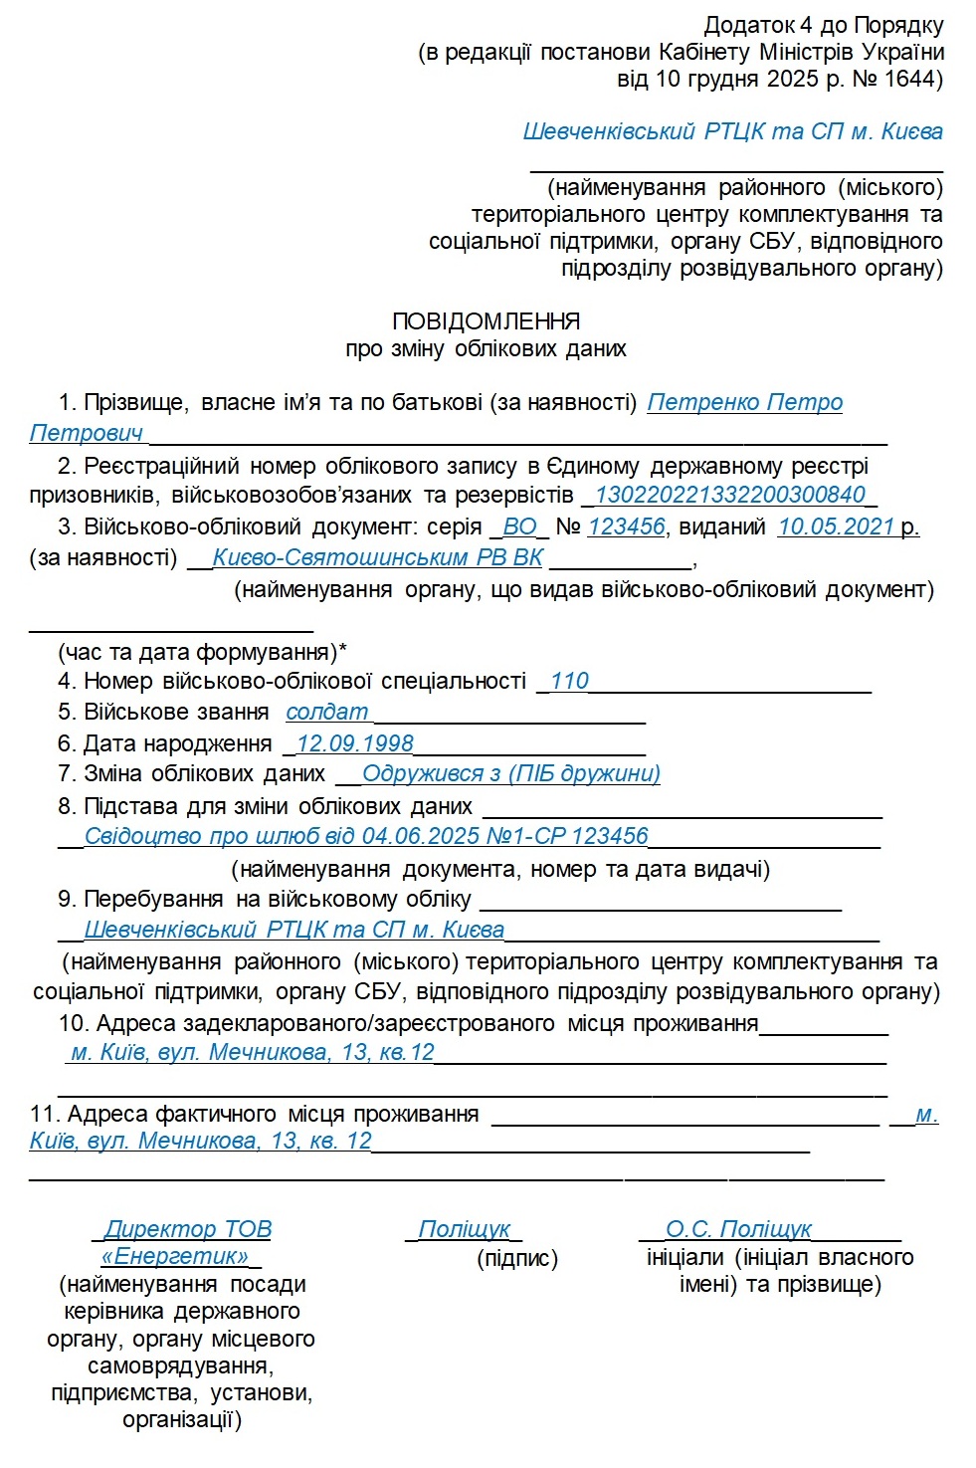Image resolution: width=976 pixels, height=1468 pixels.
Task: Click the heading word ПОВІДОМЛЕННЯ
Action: click(486, 321)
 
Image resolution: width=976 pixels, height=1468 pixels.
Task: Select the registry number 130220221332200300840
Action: click(730, 495)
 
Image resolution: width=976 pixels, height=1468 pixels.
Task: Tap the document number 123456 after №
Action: click(626, 526)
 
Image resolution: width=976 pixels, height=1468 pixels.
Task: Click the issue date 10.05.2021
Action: click(836, 526)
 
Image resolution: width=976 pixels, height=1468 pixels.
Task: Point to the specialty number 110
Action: click(569, 681)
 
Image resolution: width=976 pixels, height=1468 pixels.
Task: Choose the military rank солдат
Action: click(326, 712)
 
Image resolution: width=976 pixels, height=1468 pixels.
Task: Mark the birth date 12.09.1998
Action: click(354, 743)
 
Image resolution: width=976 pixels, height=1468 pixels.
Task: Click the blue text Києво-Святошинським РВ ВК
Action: click(378, 557)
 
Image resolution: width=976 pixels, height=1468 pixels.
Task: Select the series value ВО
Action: click(519, 526)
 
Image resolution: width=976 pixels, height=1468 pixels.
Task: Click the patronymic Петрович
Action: click(87, 433)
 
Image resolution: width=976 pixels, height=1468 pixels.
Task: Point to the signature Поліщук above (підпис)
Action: click(464, 1229)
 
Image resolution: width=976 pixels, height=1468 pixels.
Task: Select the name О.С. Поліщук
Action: click(738, 1229)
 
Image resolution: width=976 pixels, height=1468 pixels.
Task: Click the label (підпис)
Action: click(517, 1258)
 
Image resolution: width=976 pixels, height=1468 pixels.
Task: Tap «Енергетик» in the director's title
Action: click(175, 1256)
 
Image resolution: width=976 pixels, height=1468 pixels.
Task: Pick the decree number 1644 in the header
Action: click(909, 79)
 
